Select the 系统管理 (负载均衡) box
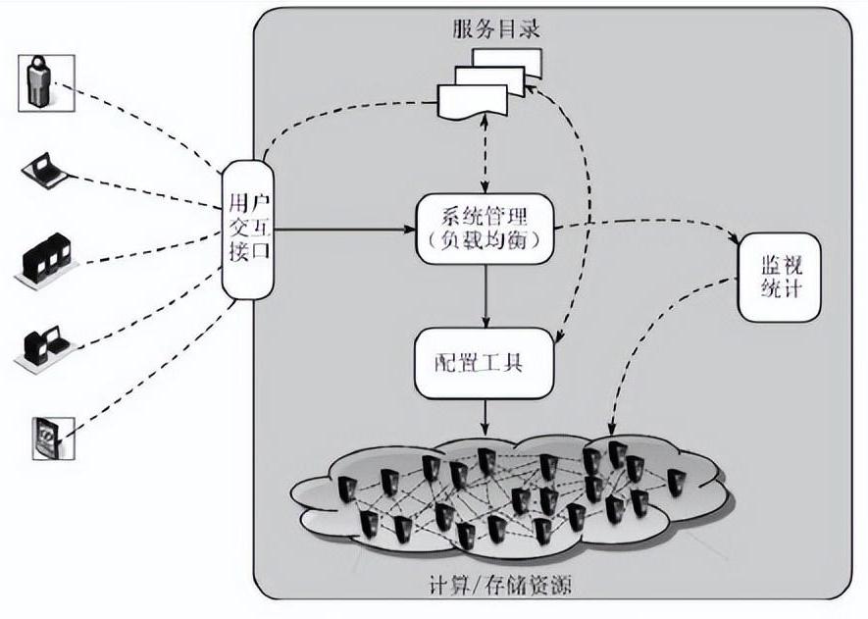(x=485, y=230)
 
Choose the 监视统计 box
(x=780, y=278)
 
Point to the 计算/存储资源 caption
(x=500, y=586)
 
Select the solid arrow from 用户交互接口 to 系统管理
(x=338, y=231)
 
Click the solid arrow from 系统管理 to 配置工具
(x=485, y=295)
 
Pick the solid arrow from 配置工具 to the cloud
(x=485, y=416)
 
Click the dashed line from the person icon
(x=137, y=123)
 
